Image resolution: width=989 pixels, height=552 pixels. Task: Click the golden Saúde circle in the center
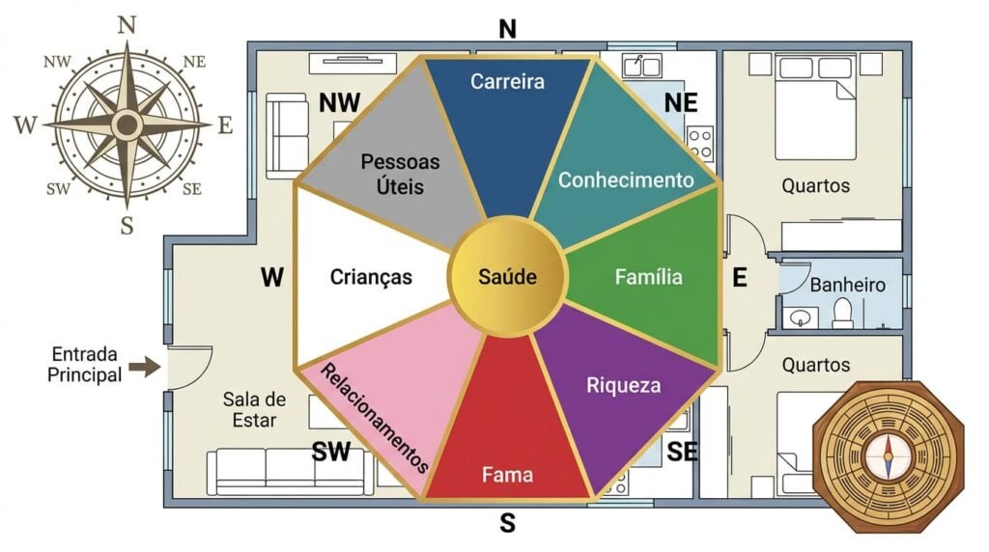click(x=507, y=278)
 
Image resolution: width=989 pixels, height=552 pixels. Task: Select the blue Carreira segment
click(x=509, y=125)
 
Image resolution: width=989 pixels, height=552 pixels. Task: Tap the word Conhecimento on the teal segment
click(x=626, y=180)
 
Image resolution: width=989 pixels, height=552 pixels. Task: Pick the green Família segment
click(x=649, y=278)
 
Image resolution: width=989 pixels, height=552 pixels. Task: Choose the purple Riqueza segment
click(x=623, y=386)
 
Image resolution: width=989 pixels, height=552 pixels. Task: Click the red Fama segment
click(x=507, y=444)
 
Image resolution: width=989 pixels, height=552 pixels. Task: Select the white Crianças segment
click(x=371, y=278)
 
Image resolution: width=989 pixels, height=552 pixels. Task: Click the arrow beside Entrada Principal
click(x=144, y=367)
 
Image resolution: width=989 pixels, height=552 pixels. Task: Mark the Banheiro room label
click(x=848, y=286)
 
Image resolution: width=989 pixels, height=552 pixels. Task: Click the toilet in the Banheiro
click(x=842, y=312)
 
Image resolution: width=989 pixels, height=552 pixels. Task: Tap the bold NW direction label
click(x=340, y=103)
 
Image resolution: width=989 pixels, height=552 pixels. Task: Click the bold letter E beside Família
click(x=740, y=279)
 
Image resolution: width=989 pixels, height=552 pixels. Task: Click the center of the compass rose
click(x=126, y=124)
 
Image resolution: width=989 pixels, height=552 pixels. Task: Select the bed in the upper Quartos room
click(x=816, y=106)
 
